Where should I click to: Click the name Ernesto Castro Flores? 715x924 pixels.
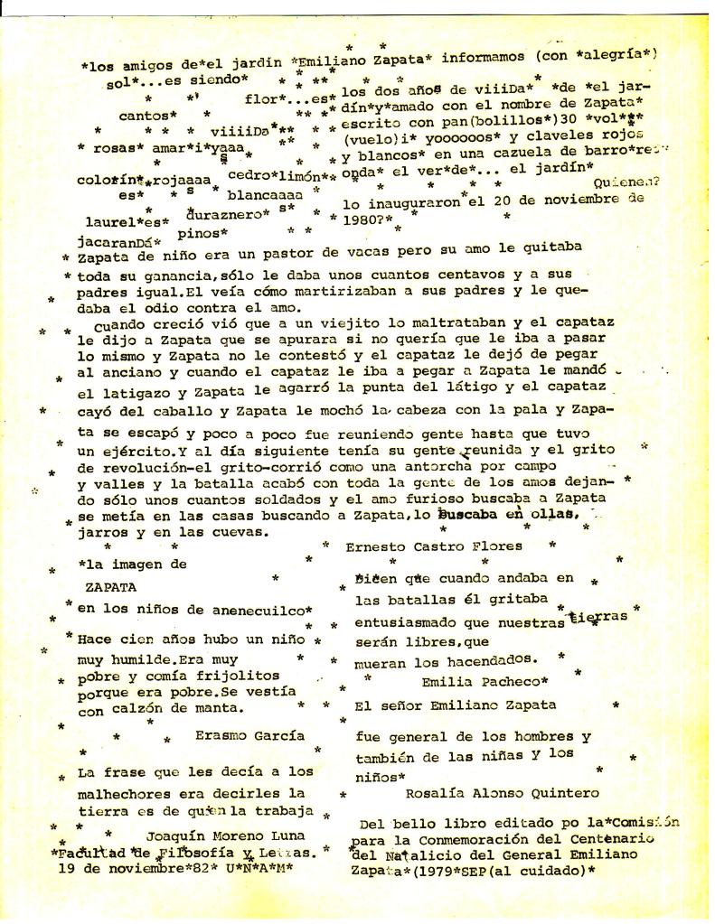point(434,546)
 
